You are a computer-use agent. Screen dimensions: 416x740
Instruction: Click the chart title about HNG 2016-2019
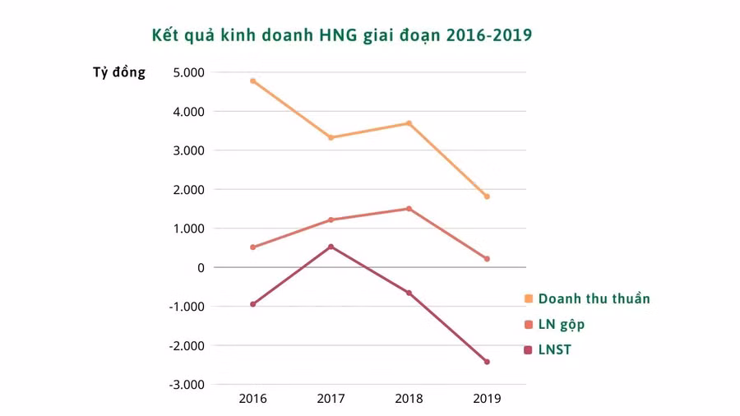[x=341, y=35]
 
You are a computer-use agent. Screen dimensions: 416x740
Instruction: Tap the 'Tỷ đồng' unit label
[x=119, y=72]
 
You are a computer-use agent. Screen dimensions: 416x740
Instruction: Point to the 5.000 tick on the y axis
[x=189, y=72]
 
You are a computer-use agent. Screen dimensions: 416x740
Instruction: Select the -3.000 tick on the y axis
[x=187, y=385]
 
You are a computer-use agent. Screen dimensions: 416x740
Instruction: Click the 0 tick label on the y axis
[x=201, y=267]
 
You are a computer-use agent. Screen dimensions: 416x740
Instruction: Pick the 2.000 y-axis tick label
[x=189, y=189]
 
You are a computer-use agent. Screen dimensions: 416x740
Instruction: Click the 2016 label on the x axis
[x=252, y=399]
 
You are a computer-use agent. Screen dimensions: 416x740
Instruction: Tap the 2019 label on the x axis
[x=487, y=399]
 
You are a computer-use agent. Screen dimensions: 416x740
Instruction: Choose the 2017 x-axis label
[x=331, y=399]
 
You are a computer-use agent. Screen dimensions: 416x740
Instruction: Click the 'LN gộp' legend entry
[x=562, y=324]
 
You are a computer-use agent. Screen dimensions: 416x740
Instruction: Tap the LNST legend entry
[x=554, y=349]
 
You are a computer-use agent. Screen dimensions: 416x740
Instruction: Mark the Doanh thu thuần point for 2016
[x=252, y=81]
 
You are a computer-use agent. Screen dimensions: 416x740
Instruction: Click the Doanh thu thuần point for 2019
[x=487, y=196]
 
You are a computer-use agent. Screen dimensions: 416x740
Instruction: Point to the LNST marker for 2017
[x=331, y=247]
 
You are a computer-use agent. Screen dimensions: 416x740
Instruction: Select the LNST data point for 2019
[x=487, y=362]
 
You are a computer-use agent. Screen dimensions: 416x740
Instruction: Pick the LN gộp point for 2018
[x=409, y=209]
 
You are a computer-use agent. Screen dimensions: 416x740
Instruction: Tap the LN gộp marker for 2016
[x=252, y=247]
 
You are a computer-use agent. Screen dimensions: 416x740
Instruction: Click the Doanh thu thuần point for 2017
[x=331, y=137]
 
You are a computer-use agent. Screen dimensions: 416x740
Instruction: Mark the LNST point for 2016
[x=252, y=304]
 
